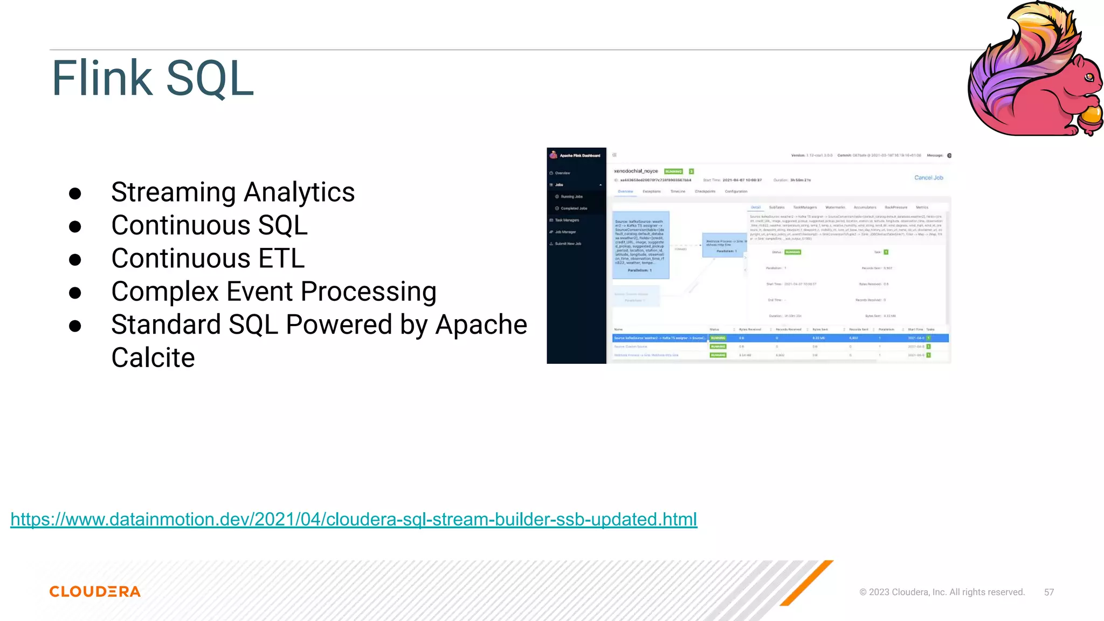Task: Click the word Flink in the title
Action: (x=102, y=79)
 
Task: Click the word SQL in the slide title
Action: (x=210, y=79)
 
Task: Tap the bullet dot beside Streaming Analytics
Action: (x=75, y=194)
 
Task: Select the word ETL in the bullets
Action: (x=281, y=259)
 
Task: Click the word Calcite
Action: (x=153, y=358)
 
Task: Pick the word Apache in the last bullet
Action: (x=481, y=325)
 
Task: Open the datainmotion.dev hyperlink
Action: (x=354, y=519)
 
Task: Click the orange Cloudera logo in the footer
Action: (x=95, y=591)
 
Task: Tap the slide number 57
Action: (x=1048, y=592)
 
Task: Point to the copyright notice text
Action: (x=942, y=592)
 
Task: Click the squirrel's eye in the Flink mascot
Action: (x=1089, y=77)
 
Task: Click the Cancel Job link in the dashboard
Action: (x=928, y=177)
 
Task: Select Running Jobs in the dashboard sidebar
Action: (x=571, y=197)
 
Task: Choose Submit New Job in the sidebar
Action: (x=568, y=244)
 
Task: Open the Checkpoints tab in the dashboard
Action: (x=705, y=191)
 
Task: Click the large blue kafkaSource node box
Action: (x=640, y=245)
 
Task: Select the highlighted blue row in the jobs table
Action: (x=780, y=338)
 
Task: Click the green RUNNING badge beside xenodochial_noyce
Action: (x=673, y=171)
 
